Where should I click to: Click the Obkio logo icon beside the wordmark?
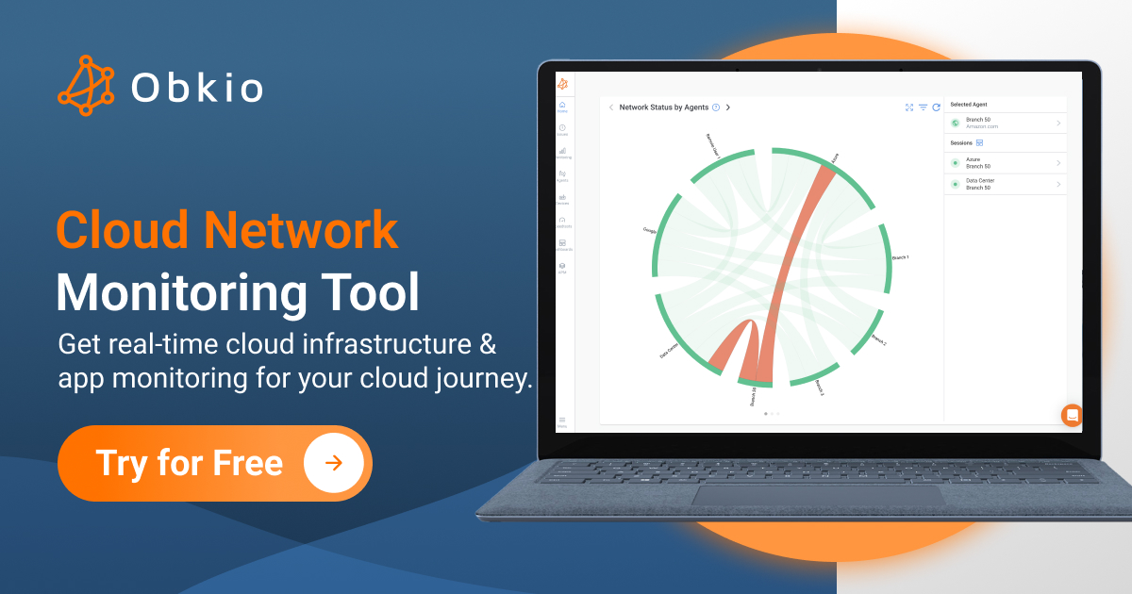click(x=86, y=86)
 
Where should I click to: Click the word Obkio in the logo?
click(x=197, y=88)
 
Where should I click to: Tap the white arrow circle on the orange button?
click(x=333, y=463)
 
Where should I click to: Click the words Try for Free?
click(x=189, y=463)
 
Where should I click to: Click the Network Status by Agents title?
click(x=663, y=107)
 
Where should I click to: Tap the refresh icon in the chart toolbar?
click(x=936, y=107)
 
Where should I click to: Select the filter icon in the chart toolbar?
click(x=923, y=107)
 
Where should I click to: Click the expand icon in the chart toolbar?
click(x=909, y=107)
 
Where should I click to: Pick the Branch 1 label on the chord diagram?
click(x=901, y=257)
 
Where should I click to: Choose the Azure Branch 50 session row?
click(x=1006, y=163)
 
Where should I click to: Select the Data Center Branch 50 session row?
click(x=1006, y=184)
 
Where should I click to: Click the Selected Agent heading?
click(x=969, y=105)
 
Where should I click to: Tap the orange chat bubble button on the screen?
click(x=1072, y=415)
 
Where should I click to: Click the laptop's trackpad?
click(x=817, y=494)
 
